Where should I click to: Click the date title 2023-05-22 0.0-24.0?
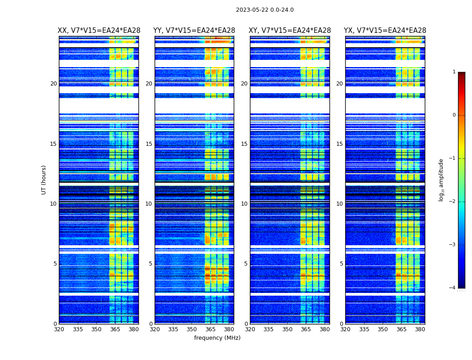click(265, 10)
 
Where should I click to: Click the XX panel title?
click(98, 31)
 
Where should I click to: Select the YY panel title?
click(194, 31)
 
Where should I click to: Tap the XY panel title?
click(290, 31)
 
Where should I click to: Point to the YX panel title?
click(385, 31)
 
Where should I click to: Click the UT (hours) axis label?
click(44, 180)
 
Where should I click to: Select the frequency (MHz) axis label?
click(217, 338)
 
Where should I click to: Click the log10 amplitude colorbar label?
click(441, 180)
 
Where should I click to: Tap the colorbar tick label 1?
click(454, 72)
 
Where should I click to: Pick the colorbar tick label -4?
click(453, 288)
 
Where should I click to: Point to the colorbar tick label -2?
click(453, 202)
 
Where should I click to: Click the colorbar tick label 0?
click(454, 115)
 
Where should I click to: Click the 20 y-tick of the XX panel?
click(53, 84)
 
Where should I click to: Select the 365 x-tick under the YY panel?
click(210, 329)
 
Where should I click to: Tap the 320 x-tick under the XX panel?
click(59, 329)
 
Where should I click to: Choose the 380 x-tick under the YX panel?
click(420, 329)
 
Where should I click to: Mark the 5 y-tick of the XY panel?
click(246, 264)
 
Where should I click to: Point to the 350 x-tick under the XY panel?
click(287, 329)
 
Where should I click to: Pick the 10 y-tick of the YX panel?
click(340, 204)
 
